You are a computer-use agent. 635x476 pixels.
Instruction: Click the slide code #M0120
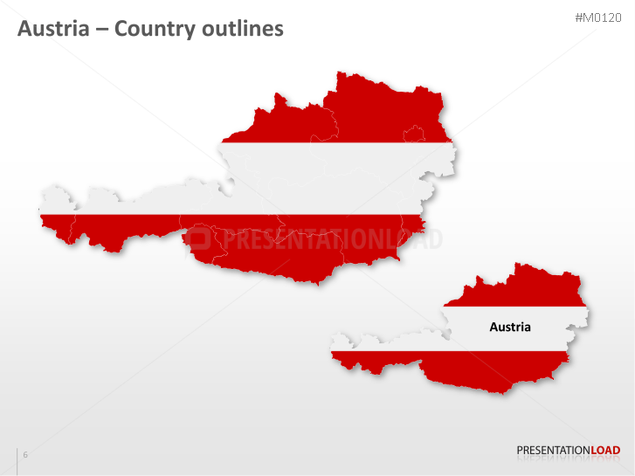598,17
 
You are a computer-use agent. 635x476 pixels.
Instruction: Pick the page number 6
25,455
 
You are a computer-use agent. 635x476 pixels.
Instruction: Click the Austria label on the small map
510,328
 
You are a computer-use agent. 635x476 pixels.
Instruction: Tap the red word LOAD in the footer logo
606,451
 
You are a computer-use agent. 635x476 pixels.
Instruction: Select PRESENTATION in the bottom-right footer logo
554,451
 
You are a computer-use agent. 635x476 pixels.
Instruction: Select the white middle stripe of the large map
332,175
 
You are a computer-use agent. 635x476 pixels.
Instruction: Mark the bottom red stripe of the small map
489,371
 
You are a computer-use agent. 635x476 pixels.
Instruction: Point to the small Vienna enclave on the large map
414,135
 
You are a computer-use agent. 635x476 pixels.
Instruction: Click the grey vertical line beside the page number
17,461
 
